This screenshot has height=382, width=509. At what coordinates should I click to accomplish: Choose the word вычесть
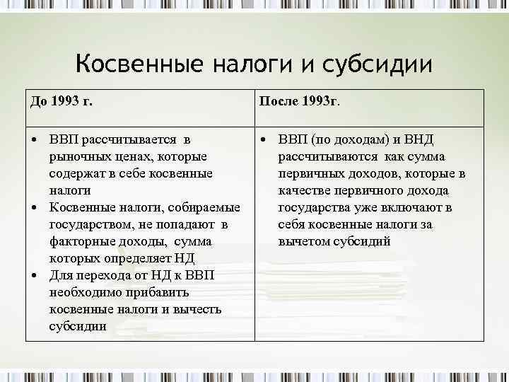[197, 309]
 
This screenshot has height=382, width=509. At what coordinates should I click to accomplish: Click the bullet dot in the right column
[262, 139]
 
